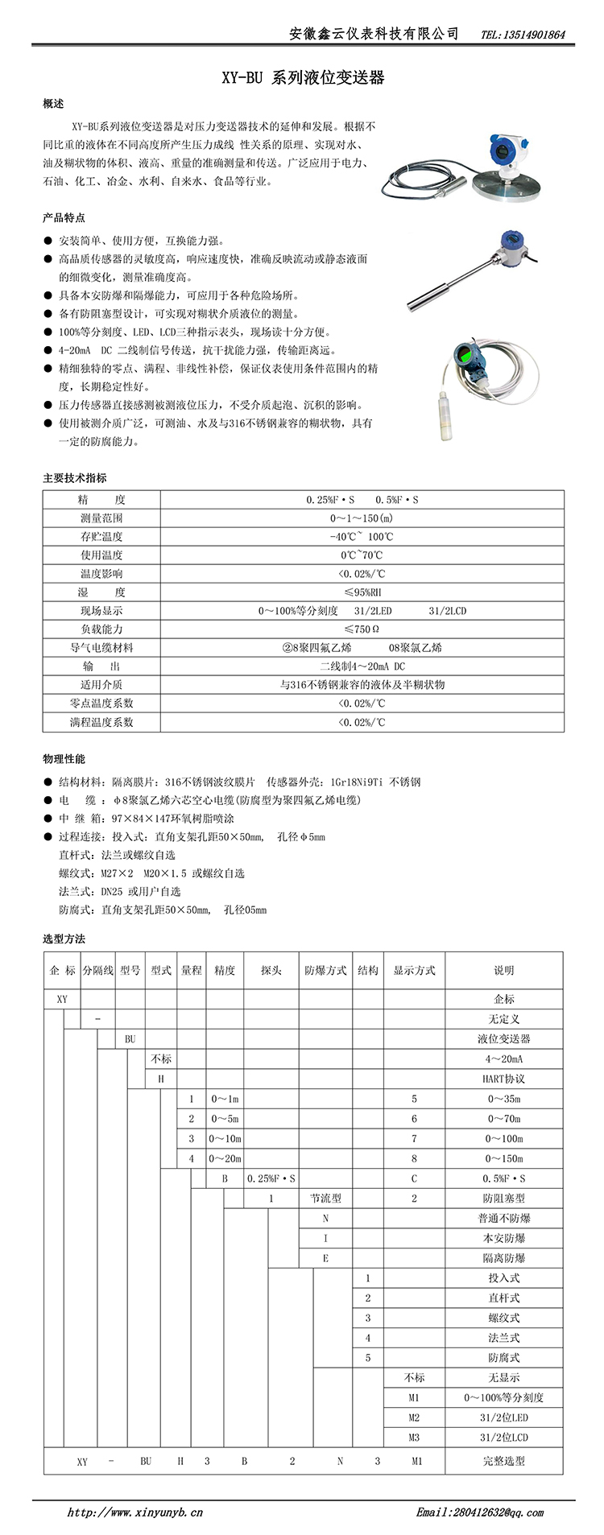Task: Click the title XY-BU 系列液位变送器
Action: tap(303, 78)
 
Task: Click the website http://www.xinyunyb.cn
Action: tap(134, 1512)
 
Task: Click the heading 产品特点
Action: tap(64, 218)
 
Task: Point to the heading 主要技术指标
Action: tap(74, 478)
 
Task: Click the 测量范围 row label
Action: tap(101, 518)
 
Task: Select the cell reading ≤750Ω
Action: tap(362, 629)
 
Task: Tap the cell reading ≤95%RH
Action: tap(362, 592)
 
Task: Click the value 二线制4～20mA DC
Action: tap(362, 666)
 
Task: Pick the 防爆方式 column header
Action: tap(325, 971)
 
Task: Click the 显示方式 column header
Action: tap(414, 971)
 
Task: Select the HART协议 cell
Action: tap(503, 1079)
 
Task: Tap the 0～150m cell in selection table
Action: tap(503, 1158)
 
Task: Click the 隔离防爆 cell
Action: tap(503, 1258)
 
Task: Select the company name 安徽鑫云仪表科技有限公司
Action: tap(374, 34)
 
